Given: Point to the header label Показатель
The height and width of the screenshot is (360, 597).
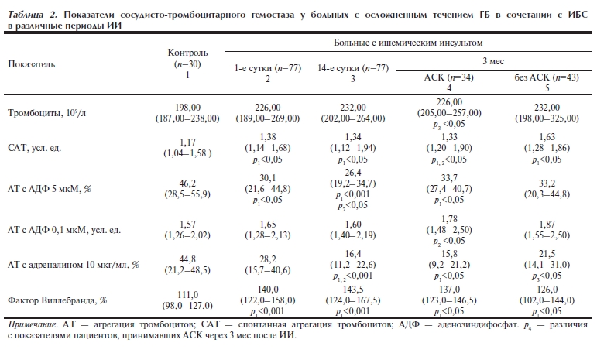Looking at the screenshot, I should pos(32,64).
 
